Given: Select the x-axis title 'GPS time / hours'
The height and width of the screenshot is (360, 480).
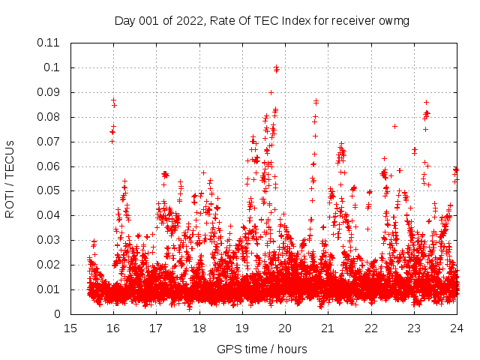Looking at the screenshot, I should [262, 349].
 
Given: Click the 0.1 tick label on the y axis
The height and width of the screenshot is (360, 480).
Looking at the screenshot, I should [55, 67].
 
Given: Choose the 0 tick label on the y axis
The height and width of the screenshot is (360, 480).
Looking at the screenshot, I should [59, 314].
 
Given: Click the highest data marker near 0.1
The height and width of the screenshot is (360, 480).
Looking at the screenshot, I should [277, 67].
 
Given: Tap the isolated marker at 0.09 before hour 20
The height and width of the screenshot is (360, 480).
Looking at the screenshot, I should [271, 92].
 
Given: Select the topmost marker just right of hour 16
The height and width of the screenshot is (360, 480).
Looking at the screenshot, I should [113, 100].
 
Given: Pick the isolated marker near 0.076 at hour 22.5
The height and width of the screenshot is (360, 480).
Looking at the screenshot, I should [394, 126].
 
